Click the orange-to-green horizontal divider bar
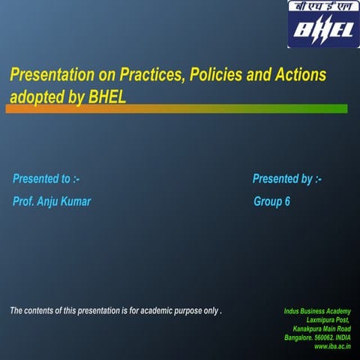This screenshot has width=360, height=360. click(176, 109)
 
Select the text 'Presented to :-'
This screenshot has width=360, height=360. click(46, 178)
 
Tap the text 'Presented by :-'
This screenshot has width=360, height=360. click(287, 178)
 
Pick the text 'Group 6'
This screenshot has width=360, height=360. click(272, 202)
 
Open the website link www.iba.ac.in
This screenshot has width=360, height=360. click(332, 346)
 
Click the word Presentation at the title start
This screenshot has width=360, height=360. click(48, 76)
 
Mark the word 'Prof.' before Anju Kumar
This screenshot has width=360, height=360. click(23, 202)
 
